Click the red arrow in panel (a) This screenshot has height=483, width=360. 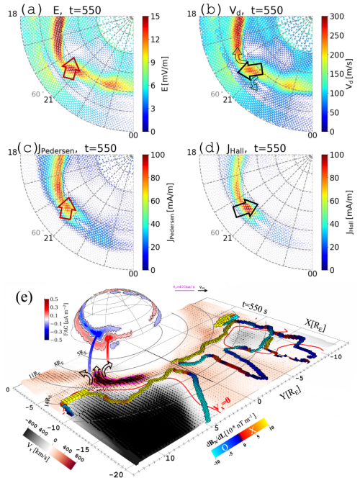tap(71, 71)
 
